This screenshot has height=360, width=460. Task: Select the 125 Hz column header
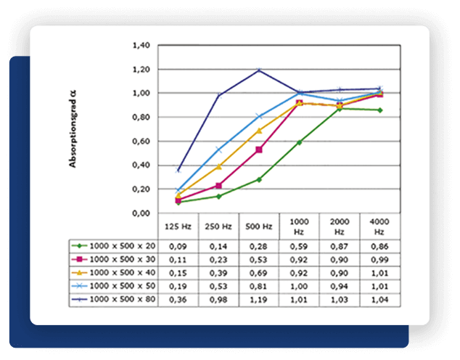[178, 226]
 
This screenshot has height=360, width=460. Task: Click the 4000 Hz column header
[379, 226]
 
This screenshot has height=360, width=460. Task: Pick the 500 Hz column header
[259, 226]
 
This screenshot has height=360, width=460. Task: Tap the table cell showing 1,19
[259, 299]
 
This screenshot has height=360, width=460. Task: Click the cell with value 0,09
[178, 247]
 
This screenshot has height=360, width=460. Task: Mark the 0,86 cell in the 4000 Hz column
[379, 247]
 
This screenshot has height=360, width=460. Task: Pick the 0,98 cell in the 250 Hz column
[218, 299]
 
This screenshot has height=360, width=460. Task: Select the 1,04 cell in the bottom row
[379, 299]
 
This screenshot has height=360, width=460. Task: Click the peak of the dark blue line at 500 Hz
[259, 70]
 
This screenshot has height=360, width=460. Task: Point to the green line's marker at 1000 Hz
[299, 142]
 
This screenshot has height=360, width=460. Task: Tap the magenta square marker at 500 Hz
[259, 150]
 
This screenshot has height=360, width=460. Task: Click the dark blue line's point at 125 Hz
[178, 170]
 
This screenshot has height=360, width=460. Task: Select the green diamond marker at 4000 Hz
[379, 110]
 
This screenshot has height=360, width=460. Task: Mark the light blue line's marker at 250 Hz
[218, 150]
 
